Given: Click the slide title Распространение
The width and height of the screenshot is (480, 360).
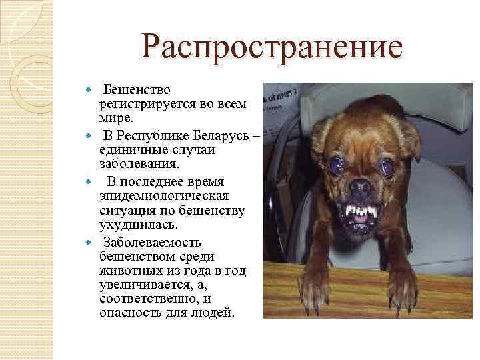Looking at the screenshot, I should tap(273, 49).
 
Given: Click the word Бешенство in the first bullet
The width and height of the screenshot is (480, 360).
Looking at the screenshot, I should tap(137, 90).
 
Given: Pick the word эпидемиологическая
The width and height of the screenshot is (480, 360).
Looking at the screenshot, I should tap(164, 196).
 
